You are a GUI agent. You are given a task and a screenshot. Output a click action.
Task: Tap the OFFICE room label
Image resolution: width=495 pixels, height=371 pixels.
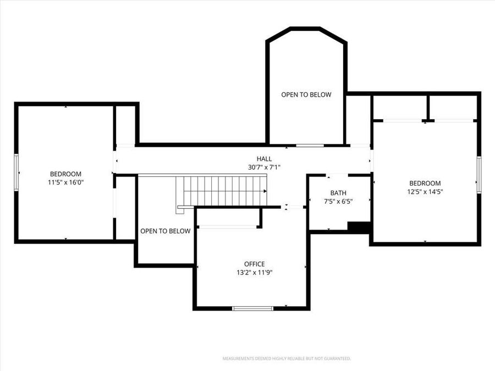coord(255,264)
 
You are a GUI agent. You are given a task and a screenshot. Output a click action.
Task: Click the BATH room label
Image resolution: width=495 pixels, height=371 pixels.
coord(338,193)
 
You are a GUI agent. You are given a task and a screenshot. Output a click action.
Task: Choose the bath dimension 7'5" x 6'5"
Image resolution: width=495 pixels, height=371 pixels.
coord(338,201)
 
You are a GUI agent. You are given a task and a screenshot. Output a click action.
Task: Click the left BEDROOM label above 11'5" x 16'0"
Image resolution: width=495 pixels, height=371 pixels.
coord(65,174)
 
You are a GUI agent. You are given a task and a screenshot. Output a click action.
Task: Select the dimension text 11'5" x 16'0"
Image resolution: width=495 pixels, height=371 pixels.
coord(65,182)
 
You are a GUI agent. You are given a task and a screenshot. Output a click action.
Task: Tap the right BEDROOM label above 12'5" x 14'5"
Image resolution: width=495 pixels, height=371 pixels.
coord(425,183)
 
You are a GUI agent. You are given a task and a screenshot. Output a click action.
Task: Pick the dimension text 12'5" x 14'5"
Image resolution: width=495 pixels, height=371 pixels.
coord(425,192)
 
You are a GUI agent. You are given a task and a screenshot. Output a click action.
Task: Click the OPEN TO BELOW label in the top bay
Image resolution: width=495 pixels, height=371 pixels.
coord(306,95)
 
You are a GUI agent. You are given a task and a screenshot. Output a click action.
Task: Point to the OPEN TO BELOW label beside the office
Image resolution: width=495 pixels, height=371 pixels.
coord(165,231)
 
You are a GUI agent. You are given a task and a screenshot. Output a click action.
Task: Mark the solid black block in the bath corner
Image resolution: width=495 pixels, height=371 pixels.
coord(359,227)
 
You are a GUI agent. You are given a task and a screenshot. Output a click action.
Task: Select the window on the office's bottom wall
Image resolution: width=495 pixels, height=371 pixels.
coord(252,308)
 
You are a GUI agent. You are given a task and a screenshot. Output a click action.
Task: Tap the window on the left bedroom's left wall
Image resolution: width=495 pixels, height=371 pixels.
coord(16,172)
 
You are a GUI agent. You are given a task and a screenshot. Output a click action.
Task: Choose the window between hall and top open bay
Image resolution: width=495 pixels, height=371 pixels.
coord(310,146)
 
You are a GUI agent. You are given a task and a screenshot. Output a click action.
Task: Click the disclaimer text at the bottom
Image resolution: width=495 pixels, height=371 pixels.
coord(286,358)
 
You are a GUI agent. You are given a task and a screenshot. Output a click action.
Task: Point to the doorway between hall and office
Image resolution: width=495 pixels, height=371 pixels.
coord(294,207)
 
